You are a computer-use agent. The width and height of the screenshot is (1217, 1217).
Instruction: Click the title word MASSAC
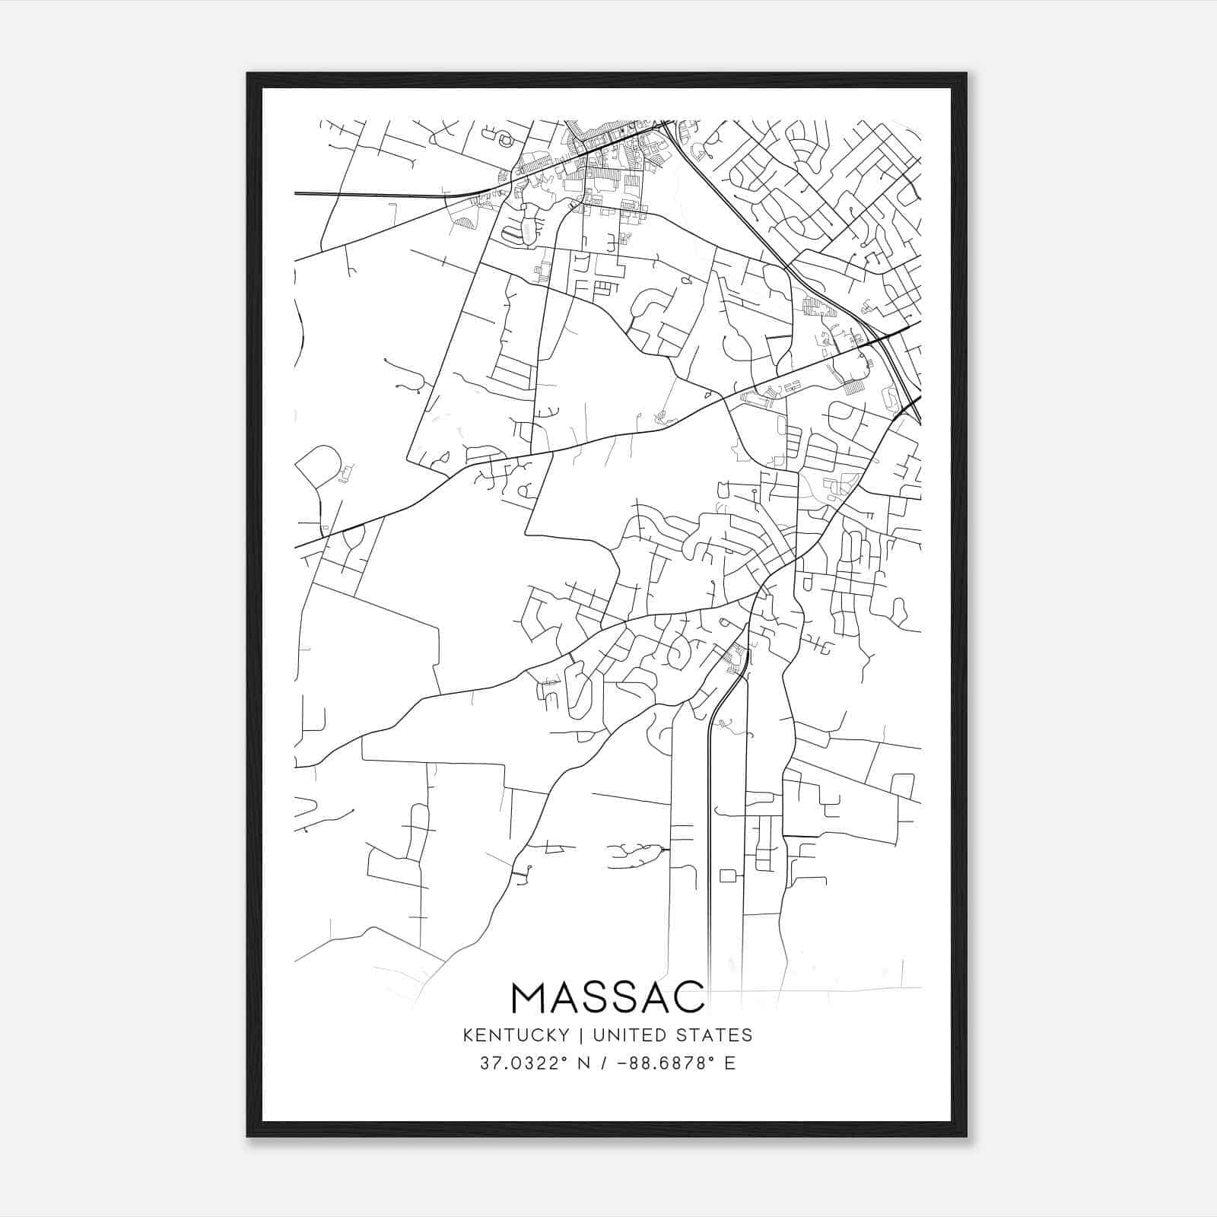(608, 997)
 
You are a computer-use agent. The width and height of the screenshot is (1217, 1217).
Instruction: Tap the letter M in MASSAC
(529, 997)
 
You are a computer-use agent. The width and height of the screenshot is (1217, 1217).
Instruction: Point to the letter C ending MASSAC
(689, 997)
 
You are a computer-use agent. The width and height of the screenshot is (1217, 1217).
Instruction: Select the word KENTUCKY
(516, 1034)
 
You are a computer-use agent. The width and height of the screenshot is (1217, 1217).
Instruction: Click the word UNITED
(622, 1034)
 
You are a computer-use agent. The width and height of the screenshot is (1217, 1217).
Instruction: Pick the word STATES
(715, 1034)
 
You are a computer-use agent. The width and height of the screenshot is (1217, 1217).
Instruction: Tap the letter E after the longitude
(730, 1063)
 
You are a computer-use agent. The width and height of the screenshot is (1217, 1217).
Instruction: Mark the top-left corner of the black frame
(248, 74)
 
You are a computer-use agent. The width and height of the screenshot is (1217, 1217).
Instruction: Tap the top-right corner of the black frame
(966, 74)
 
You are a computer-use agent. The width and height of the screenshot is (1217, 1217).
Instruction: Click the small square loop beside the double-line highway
(726, 875)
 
